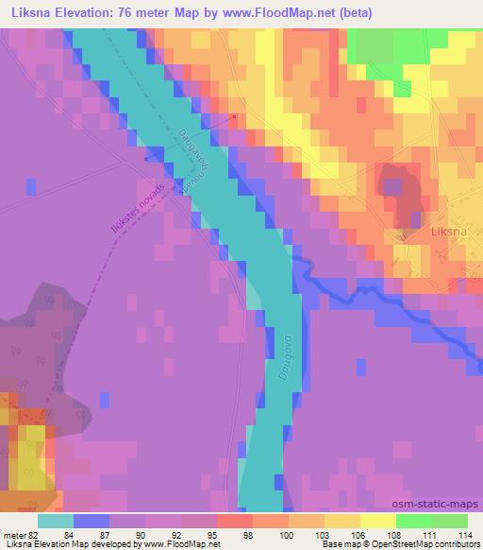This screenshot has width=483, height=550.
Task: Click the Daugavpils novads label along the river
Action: [x=188, y=154]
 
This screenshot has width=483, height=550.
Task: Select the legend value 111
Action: [x=429, y=535]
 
